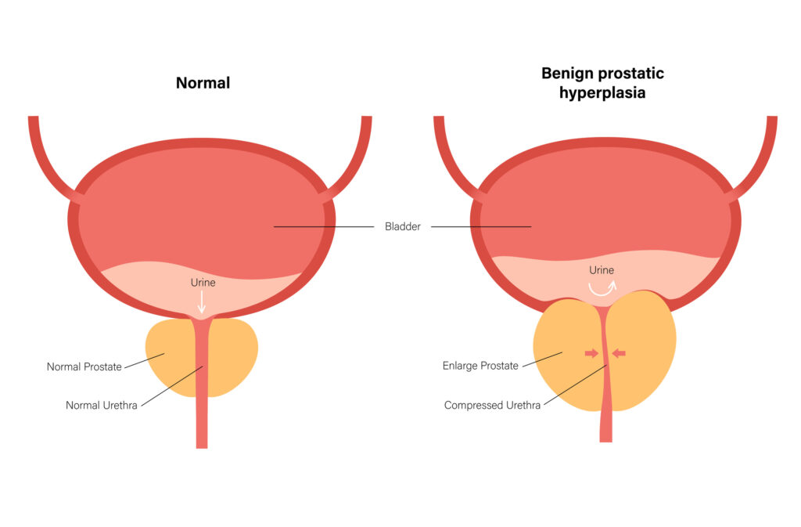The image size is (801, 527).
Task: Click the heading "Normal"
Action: [203, 82]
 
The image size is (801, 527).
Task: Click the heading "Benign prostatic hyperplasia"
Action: [602, 82]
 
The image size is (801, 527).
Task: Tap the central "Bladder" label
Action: [403, 227]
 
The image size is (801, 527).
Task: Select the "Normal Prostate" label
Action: [84, 366]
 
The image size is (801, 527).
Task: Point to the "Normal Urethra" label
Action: [102, 406]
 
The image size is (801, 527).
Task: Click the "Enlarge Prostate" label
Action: [480, 366]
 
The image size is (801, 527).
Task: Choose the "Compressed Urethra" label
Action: [492, 406]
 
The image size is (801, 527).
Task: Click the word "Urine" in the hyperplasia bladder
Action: [602, 270]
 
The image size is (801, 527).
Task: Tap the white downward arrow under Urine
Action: [202, 301]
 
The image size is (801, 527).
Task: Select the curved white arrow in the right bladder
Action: [602, 288]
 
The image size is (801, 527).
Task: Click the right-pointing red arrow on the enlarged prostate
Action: [591, 354]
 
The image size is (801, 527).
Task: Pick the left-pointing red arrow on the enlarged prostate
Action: [619, 354]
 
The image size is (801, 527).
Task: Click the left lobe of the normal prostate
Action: [169, 356]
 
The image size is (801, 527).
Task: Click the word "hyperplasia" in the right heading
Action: [602, 92]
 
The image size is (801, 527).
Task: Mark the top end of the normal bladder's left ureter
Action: [33, 120]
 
